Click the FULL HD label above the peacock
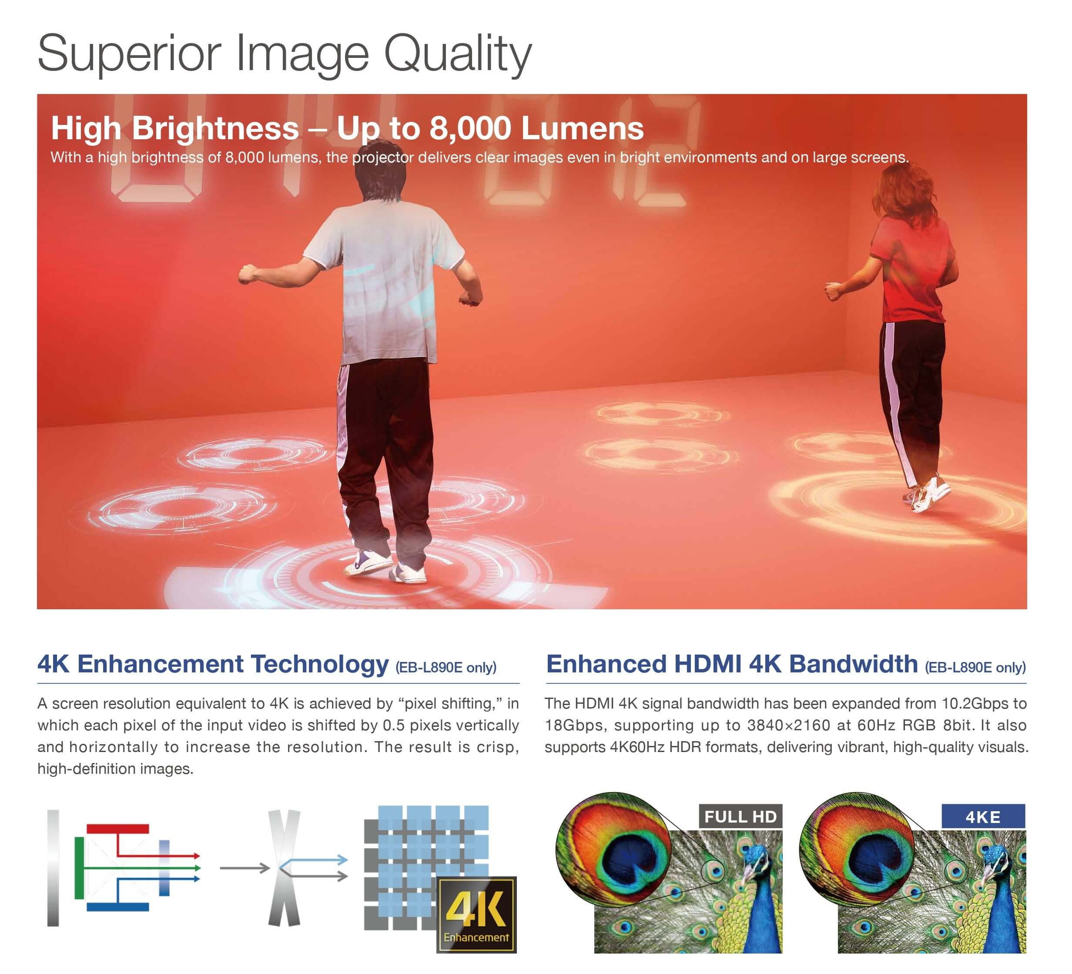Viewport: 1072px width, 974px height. click(x=740, y=816)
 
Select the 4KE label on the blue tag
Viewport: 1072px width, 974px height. click(x=983, y=817)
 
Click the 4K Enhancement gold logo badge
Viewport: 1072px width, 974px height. click(x=476, y=914)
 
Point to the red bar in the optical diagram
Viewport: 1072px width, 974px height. click(x=117, y=829)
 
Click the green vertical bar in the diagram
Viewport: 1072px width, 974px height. click(x=79, y=868)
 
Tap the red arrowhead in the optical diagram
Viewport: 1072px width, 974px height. click(x=197, y=856)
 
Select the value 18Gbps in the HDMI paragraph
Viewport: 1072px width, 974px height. click(x=576, y=725)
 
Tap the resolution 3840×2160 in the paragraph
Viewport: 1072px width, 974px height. click(x=789, y=725)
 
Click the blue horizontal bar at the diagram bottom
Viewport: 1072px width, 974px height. click(x=117, y=907)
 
